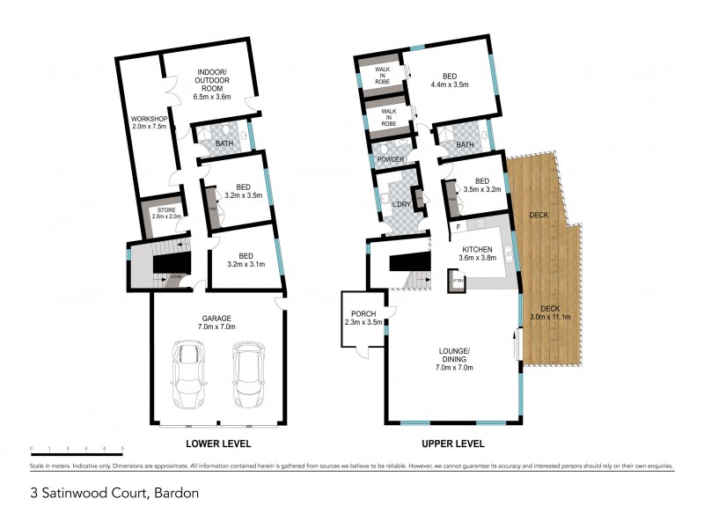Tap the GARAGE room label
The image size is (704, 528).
click(x=217, y=321)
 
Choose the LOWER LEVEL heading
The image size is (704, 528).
click(x=218, y=444)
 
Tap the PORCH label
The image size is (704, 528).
click(x=363, y=318)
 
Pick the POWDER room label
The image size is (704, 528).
click(x=390, y=159)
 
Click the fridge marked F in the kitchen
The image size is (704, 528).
click(x=458, y=227)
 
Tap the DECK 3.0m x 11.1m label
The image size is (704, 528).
click(x=550, y=312)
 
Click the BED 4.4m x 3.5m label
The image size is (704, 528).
click(x=449, y=81)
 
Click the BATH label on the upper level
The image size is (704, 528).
click(x=465, y=145)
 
